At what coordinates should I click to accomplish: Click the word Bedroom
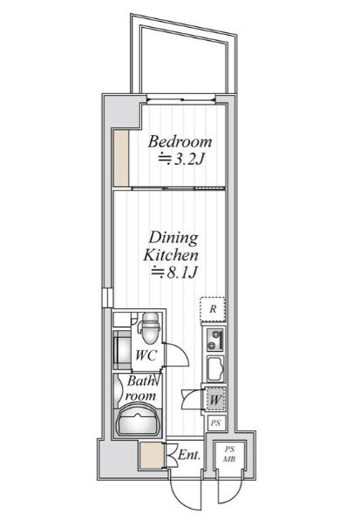coord(180,142)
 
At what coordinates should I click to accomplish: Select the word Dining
coord(173,238)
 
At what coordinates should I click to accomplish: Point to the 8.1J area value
coord(182,273)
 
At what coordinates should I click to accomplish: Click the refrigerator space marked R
coord(213,309)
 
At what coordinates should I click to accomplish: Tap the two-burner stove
coord(215,340)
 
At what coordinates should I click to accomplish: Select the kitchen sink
coord(215,368)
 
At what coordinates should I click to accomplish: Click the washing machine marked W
coord(214,400)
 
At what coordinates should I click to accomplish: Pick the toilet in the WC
coord(151,328)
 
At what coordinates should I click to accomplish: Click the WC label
coord(146,355)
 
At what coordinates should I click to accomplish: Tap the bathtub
coord(138,418)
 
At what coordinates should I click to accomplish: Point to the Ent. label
coord(189,455)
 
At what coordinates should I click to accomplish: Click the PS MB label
coord(229,455)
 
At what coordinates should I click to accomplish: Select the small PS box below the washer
coord(215,423)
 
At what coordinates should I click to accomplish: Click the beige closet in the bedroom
coord(121,159)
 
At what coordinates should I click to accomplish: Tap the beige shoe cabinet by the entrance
coord(152,455)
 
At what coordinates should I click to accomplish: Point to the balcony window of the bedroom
coord(181,99)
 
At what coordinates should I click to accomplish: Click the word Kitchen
coord(171,255)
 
